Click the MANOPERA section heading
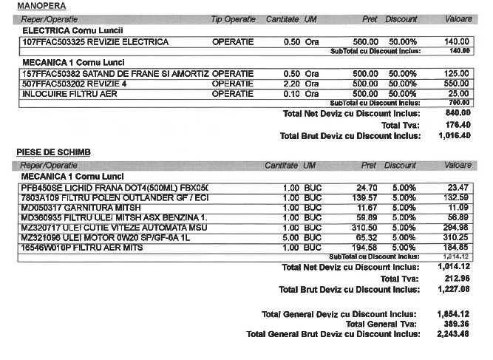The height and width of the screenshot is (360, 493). [35, 6]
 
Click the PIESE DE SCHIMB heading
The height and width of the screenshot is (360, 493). [53, 152]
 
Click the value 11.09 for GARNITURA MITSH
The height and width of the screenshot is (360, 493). [459, 208]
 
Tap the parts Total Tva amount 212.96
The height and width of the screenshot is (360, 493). [454, 278]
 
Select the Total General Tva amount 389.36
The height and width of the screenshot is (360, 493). [454, 324]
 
